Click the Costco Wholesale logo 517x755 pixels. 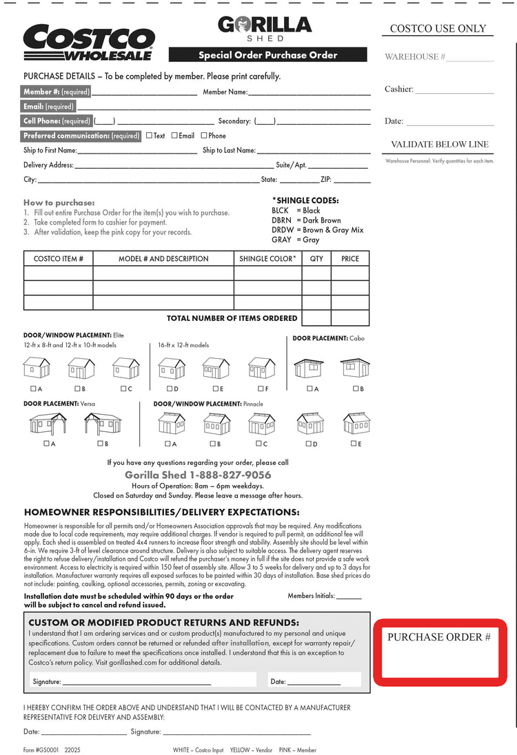point(88,42)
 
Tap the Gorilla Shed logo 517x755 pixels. point(265,28)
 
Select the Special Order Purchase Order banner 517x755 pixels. point(268,55)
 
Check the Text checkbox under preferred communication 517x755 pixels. point(150,136)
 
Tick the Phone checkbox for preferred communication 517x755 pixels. point(204,136)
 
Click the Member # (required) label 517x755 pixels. point(57,92)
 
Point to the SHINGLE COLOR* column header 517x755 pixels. point(267,259)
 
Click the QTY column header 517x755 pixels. point(316,259)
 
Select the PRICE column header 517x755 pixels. point(350,259)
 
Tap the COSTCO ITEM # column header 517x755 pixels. point(59,259)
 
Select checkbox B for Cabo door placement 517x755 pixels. point(356,389)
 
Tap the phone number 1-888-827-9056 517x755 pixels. point(230,475)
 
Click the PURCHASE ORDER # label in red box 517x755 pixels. point(439,637)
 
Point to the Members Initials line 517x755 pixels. point(349,597)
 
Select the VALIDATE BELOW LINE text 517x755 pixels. point(440,145)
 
